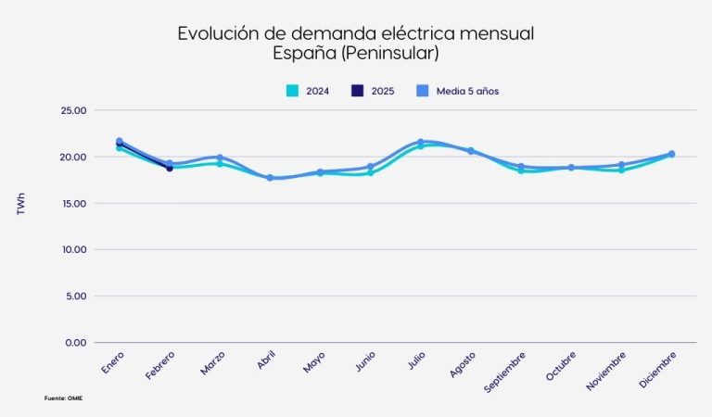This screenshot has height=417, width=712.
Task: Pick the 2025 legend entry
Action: [372, 91]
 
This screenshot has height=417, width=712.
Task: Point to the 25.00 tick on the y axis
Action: [72, 110]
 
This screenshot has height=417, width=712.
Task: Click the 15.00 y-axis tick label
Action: [72, 203]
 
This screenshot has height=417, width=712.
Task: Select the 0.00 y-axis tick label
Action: [74, 343]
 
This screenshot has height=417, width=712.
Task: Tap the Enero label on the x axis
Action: [113, 362]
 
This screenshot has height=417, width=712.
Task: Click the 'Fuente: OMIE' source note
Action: [70, 398]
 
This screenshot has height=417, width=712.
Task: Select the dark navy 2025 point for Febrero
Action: [170, 168]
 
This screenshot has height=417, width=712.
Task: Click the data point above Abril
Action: [270, 177]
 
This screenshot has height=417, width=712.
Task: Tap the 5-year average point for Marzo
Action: [220, 158]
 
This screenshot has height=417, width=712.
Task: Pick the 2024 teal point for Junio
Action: [370, 172]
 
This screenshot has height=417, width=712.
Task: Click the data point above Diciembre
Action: [671, 154]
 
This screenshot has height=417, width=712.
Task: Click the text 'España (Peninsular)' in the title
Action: [355, 54]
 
